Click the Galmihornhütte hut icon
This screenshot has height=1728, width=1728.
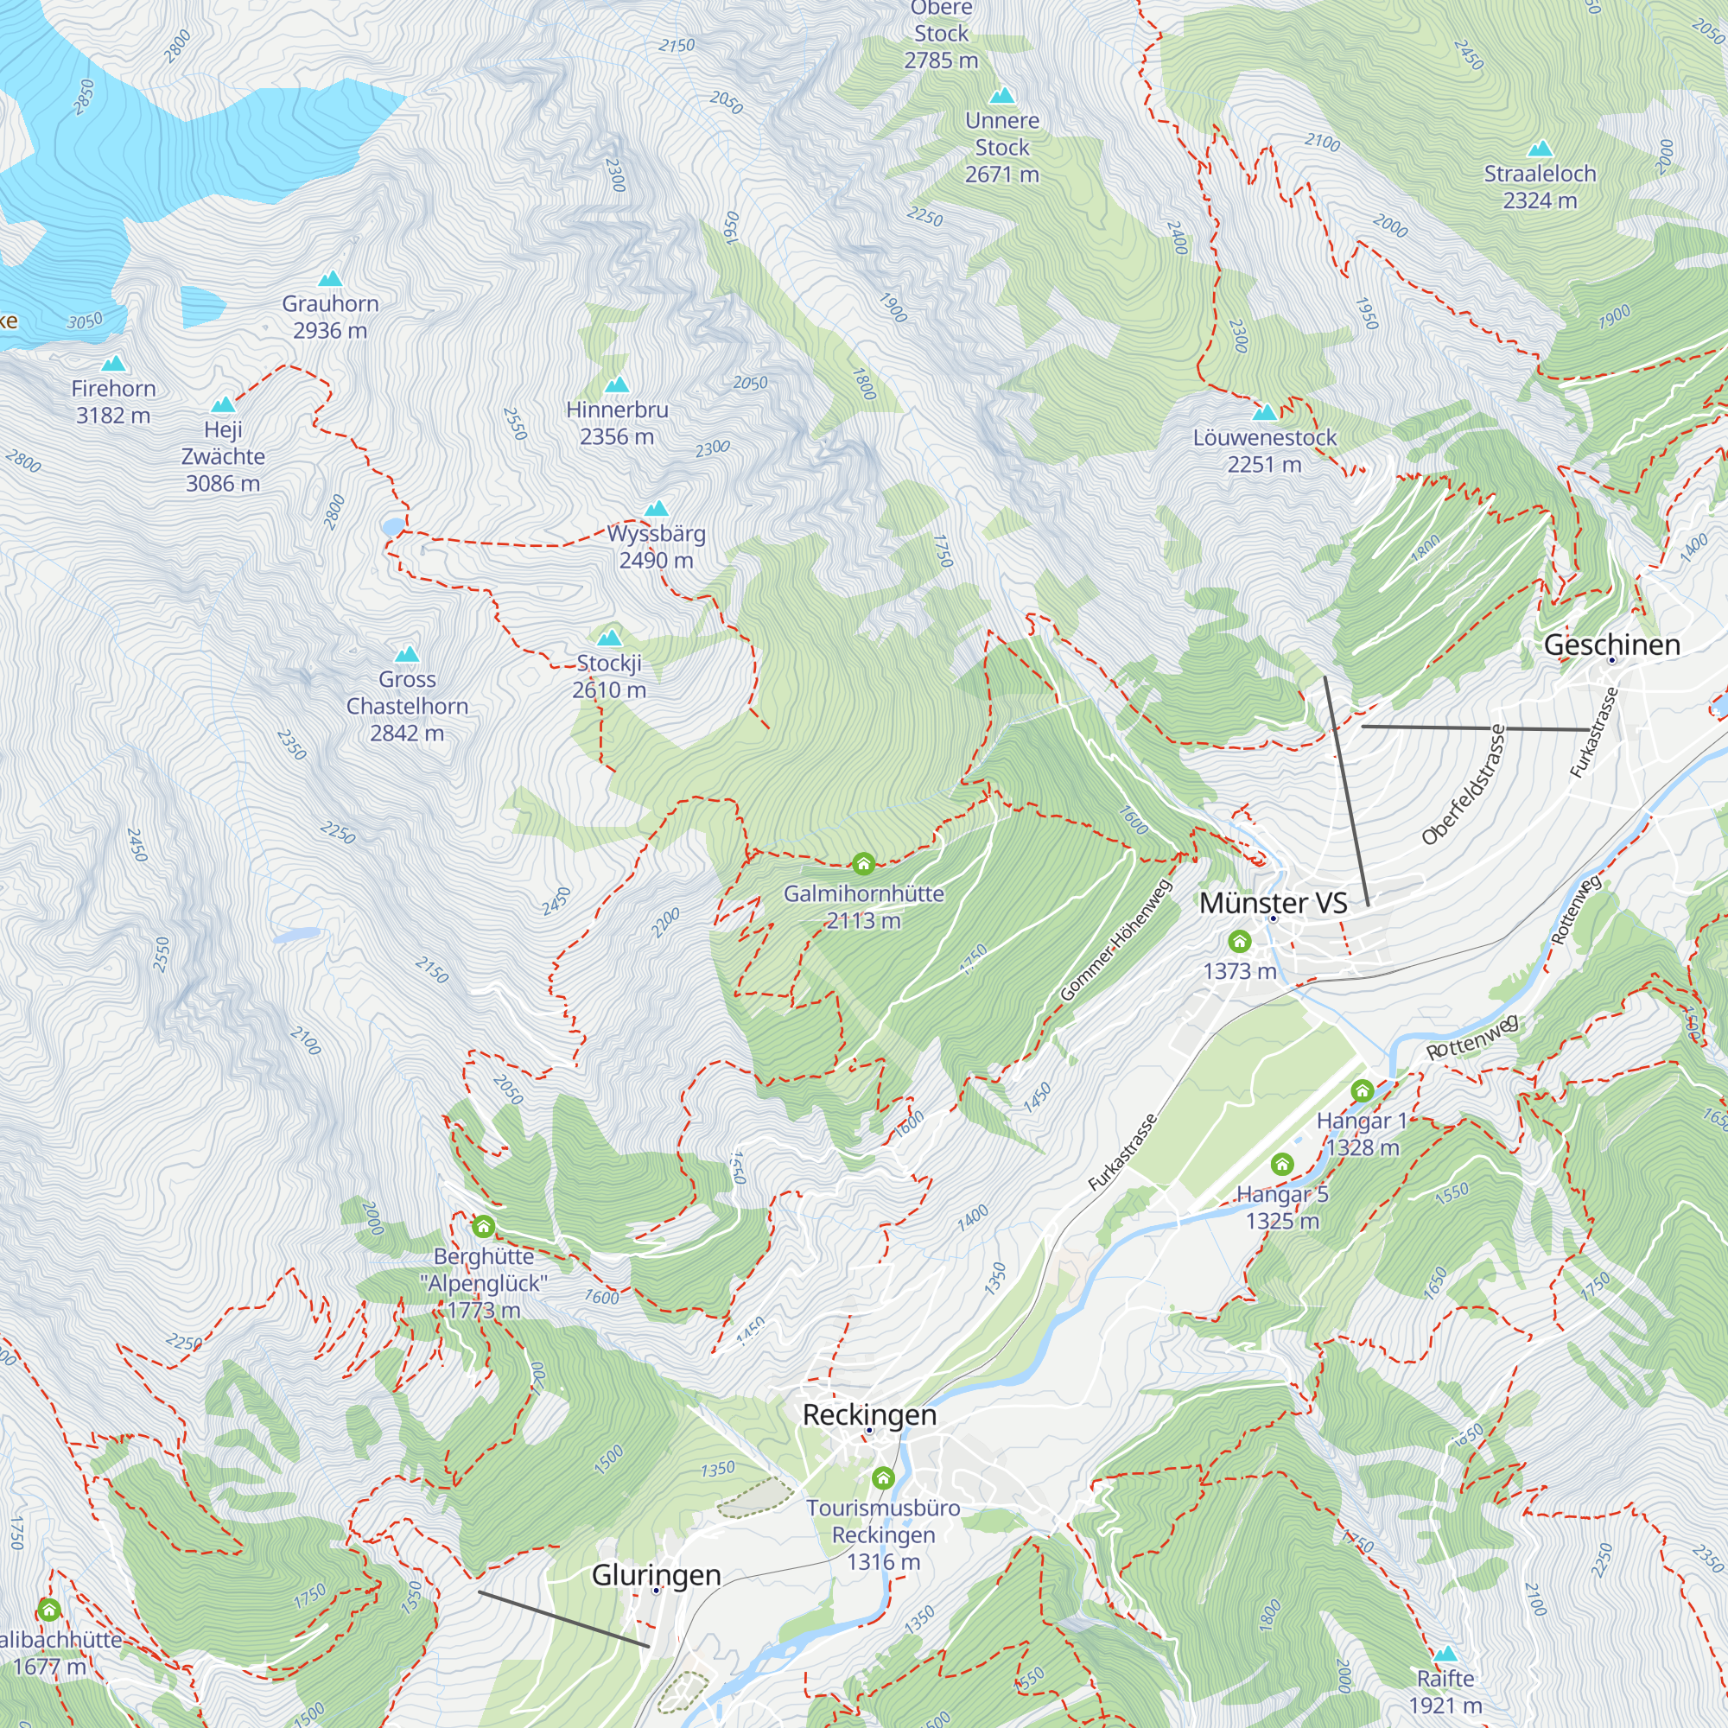click(863, 863)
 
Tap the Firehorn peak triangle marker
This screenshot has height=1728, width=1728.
click(113, 364)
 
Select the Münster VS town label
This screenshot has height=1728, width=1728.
click(1273, 904)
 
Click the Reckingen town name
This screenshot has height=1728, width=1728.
click(869, 1415)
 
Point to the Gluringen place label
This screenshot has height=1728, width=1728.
click(657, 1575)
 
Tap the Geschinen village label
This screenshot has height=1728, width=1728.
click(1611, 645)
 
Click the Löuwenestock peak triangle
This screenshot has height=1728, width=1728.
click(1265, 413)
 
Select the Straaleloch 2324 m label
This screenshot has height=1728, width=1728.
click(1540, 187)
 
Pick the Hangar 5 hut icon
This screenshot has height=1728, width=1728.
click(1281, 1164)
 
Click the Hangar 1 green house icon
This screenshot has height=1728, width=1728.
click(1362, 1090)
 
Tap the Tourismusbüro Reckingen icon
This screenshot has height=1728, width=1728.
click(883, 1477)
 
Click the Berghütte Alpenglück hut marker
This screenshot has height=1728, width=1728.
click(484, 1225)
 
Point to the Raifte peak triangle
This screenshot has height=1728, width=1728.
click(1445, 1654)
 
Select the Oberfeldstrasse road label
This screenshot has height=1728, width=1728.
click(1464, 785)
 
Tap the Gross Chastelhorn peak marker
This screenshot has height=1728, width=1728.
click(407, 655)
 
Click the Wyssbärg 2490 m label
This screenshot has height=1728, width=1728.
click(657, 547)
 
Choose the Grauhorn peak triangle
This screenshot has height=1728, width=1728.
click(331, 279)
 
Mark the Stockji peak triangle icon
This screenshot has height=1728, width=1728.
click(609, 638)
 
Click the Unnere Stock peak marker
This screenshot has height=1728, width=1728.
click(1001, 96)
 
